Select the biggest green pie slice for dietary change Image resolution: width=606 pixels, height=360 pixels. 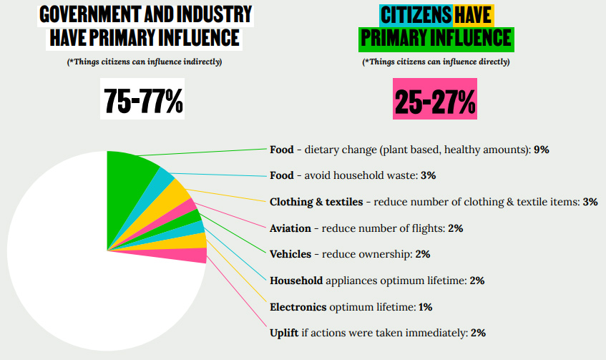tap(129, 172)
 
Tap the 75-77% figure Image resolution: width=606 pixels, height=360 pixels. tap(144, 101)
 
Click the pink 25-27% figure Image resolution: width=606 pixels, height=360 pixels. tap(435, 102)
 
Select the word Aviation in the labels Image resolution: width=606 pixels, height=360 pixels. tap(290, 228)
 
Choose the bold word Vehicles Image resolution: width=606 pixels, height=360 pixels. tap(290, 254)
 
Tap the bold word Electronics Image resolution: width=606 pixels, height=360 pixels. tap(298, 307)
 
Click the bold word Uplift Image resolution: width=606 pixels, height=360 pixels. tap(285, 333)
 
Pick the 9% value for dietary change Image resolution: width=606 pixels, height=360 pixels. tap(541, 150)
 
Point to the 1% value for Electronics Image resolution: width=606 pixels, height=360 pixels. tap(425, 307)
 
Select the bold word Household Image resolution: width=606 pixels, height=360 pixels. tap(296, 281)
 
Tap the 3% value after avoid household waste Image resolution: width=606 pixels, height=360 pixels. tap(429, 175)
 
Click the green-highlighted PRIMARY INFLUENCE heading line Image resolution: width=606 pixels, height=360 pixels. tap(436, 37)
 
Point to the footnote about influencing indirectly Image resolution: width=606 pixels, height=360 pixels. tap(145, 62)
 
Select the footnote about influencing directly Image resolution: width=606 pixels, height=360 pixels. tap(436, 62)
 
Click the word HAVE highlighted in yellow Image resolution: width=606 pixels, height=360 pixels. tap(474, 14)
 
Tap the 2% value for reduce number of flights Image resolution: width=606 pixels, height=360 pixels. tap(456, 228)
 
